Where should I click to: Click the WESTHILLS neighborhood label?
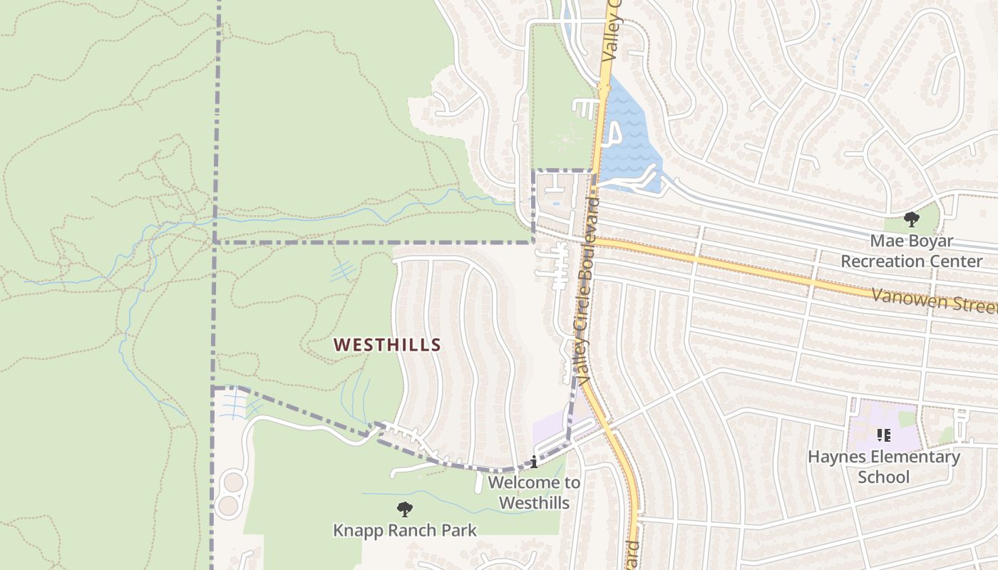click(x=387, y=345)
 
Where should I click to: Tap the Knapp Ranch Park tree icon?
click(x=405, y=509)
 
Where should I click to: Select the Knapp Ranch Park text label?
click(x=405, y=530)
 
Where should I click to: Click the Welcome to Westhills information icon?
click(x=534, y=462)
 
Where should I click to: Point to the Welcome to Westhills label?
click(x=534, y=492)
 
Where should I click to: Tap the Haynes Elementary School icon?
click(x=884, y=435)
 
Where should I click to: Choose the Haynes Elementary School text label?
click(x=884, y=466)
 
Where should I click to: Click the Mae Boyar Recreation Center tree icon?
click(x=911, y=219)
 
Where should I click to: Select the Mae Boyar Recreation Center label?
click(x=911, y=251)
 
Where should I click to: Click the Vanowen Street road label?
click(x=934, y=301)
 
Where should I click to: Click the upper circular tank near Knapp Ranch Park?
click(x=233, y=482)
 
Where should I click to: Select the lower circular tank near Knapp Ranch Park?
click(x=228, y=506)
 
